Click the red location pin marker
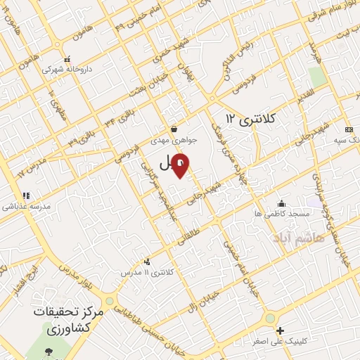point(181,166)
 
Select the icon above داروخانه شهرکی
point(67,59)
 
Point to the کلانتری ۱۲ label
point(251,119)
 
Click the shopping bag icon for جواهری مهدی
point(174,129)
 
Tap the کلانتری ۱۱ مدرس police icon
point(146,262)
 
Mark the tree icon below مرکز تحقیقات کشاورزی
point(49,352)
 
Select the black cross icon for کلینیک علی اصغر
point(280,330)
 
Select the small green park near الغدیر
point(318,77)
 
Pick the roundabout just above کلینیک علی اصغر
point(269,319)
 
